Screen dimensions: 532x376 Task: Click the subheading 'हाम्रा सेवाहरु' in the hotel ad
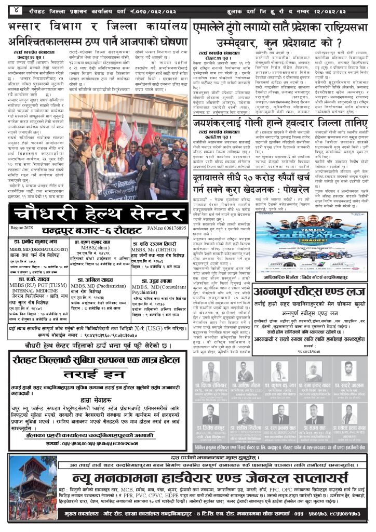coord(97,401)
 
